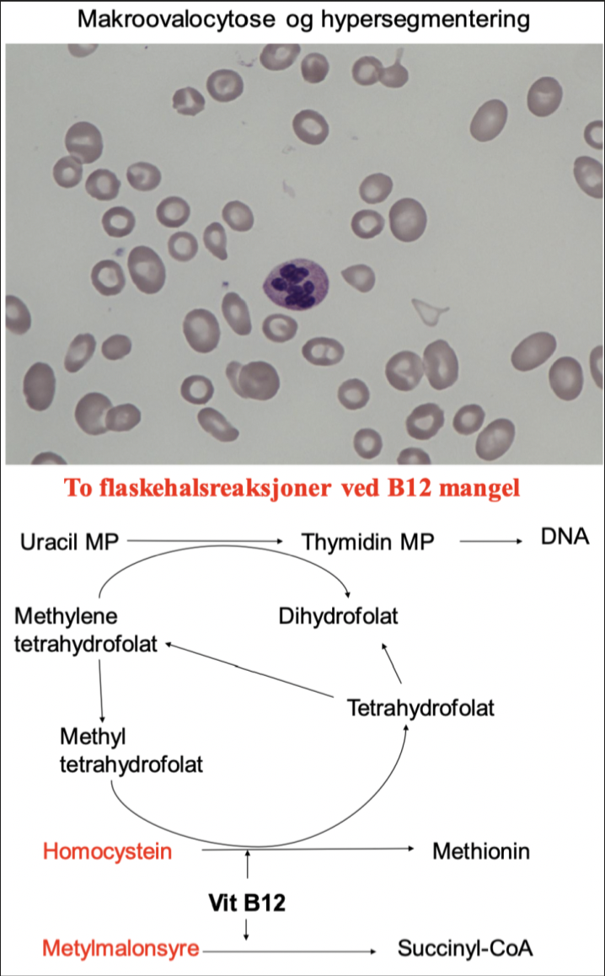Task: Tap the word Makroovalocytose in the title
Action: (x=161, y=19)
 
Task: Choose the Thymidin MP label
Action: (x=367, y=540)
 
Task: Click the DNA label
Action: (x=564, y=538)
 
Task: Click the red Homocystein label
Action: (x=108, y=851)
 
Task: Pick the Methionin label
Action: (x=481, y=851)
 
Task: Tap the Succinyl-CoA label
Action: (x=466, y=951)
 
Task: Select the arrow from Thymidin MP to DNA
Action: (x=489, y=540)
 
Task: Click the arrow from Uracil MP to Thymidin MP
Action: (x=206, y=540)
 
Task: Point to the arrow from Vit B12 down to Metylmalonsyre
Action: (x=246, y=929)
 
